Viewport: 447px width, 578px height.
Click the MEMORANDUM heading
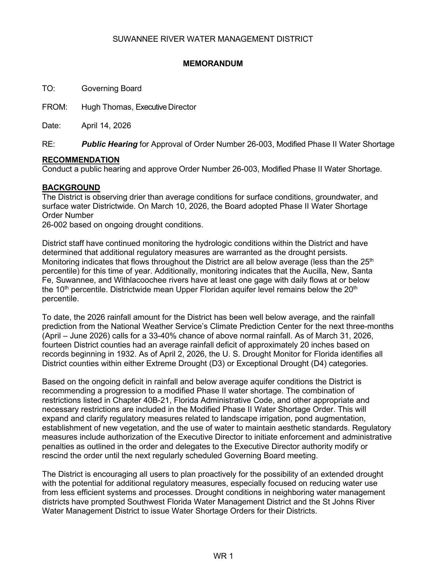pyautogui.click(x=212, y=64)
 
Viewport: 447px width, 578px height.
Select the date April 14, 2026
pyautogui.click(x=106, y=126)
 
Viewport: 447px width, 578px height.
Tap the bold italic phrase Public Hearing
pyautogui.click(x=109, y=144)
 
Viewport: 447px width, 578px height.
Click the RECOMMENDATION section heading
pyautogui.click(x=81, y=160)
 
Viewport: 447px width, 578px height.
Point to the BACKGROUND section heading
pyautogui.click(x=71, y=188)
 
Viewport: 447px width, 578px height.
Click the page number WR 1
pyautogui.click(x=223, y=556)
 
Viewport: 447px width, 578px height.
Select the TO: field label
pyautogui.click(x=48, y=89)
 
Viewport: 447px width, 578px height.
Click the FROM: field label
pyautogui.click(x=54, y=107)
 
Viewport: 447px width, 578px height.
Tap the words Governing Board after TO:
pyautogui.click(x=111, y=89)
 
